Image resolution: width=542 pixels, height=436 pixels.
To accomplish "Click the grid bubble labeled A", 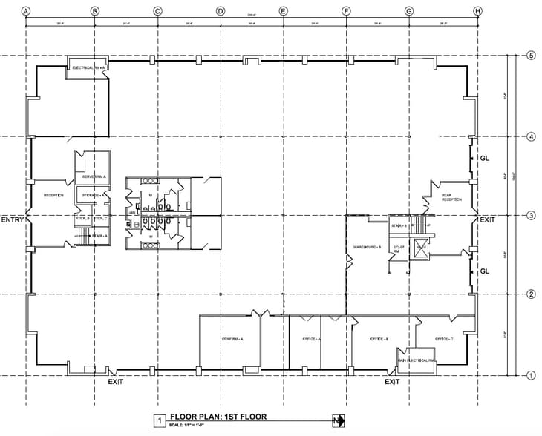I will coord(26,11).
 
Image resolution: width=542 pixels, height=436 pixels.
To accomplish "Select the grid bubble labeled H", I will coord(477,11).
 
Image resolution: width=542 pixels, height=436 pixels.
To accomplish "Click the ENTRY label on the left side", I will coord(13,220).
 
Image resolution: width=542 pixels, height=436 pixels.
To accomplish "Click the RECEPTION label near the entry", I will coord(53,195).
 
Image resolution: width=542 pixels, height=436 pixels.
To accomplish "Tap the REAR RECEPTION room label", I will coord(452,197).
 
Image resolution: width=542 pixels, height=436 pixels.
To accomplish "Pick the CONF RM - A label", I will coord(232,339).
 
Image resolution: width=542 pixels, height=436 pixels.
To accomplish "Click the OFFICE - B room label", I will coord(380,339).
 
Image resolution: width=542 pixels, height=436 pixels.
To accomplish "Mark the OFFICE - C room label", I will coord(444,339).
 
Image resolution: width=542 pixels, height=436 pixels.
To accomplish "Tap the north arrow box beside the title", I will coord(339,421).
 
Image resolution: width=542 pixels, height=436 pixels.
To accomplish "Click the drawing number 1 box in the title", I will coord(158,421).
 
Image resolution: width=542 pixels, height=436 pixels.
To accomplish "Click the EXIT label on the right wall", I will coord(487,220).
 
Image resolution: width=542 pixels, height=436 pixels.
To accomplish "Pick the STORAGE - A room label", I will coord(91,195).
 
